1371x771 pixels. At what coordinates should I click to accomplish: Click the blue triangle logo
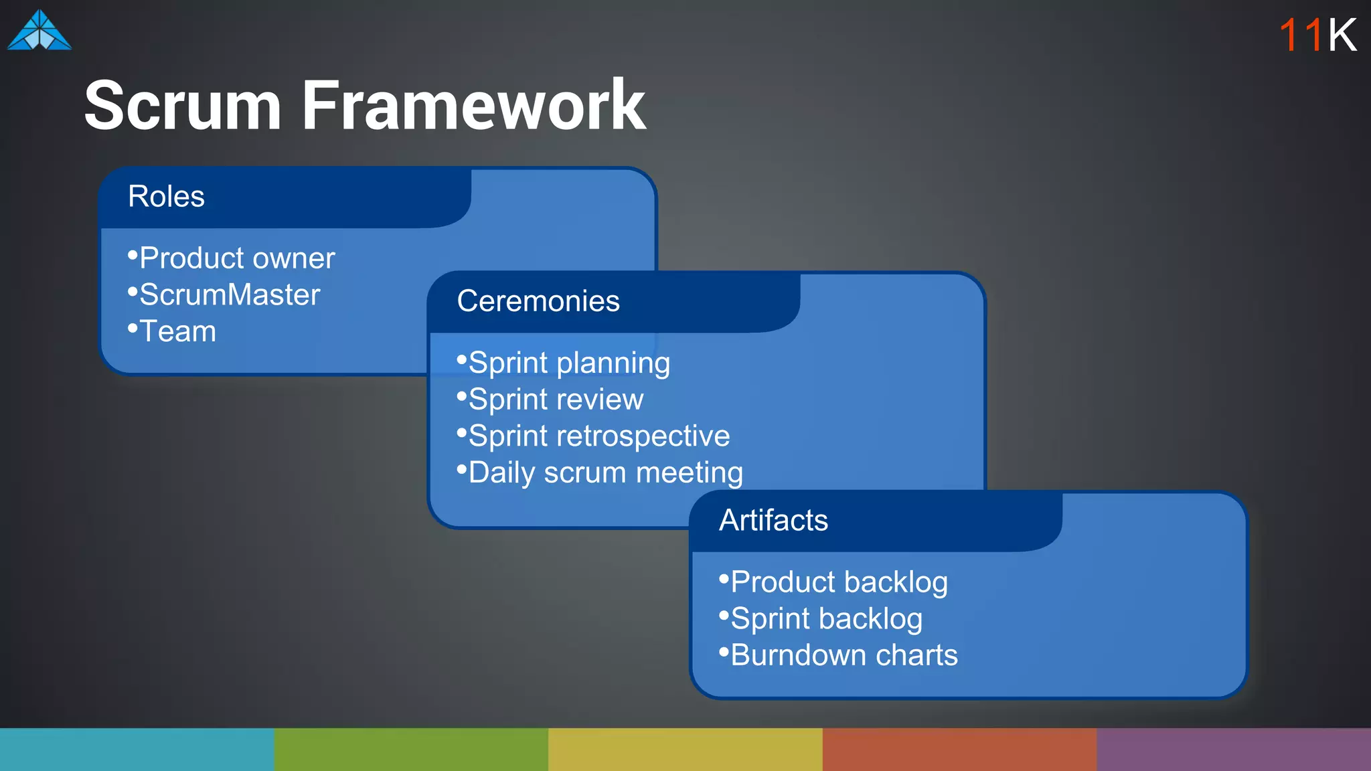coord(39,31)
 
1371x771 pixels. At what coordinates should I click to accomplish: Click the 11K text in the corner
coord(1317,35)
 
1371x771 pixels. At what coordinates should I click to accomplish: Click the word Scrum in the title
coord(182,105)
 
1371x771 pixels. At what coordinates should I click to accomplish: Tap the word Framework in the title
coord(473,105)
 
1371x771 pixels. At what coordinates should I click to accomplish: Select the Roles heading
coord(166,197)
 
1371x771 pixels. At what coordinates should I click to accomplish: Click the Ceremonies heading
coord(538,301)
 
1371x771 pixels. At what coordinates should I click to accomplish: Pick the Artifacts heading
coord(773,521)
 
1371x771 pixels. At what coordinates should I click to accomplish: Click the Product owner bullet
coord(236,258)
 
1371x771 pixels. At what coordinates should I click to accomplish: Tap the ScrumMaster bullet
coord(229,295)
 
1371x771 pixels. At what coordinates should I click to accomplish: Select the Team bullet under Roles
coord(177,332)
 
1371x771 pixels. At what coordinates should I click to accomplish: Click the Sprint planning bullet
coord(568,363)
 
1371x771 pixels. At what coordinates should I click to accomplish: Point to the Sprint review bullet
coord(555,400)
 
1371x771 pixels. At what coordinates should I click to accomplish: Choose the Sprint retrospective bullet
coord(598,436)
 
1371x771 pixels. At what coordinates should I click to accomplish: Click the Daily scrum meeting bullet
coord(605,473)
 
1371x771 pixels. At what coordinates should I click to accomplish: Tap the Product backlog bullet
coord(838,582)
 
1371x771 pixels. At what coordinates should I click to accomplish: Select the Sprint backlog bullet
coord(825,619)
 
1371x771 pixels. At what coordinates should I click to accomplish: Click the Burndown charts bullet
coord(843,655)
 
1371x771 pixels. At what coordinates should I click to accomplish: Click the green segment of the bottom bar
coord(411,750)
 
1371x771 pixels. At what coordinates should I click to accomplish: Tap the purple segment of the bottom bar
coord(1234,750)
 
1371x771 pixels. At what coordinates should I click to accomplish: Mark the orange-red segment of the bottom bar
coord(959,750)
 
